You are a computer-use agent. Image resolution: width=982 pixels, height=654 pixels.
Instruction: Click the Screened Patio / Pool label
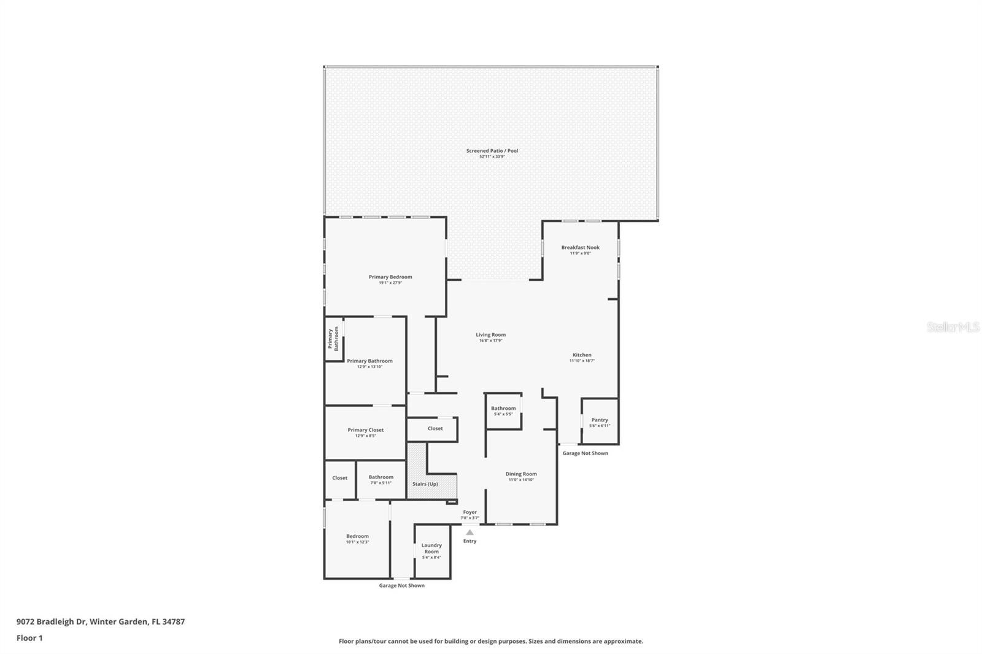click(492, 151)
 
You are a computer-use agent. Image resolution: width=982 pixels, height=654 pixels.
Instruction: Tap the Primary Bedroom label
click(390, 277)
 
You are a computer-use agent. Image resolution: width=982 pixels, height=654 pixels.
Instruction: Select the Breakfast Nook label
click(580, 248)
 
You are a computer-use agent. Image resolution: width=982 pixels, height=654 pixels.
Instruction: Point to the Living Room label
click(490, 335)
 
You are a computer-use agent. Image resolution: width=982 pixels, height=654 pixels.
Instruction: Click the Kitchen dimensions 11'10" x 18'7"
click(582, 361)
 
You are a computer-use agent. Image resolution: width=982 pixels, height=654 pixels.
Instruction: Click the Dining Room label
click(521, 474)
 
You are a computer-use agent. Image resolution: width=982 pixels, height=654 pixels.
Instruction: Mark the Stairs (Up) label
click(425, 484)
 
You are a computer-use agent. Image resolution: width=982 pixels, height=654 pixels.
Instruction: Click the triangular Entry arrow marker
click(470, 533)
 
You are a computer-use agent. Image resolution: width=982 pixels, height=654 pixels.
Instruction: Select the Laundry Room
click(431, 548)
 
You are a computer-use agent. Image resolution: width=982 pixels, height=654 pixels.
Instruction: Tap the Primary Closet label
click(365, 430)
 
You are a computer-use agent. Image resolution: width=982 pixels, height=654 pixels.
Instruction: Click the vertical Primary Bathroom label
click(333, 339)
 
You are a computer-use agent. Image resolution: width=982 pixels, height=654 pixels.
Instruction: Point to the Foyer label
click(470, 512)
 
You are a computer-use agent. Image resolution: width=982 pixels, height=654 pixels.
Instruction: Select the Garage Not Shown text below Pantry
click(585, 453)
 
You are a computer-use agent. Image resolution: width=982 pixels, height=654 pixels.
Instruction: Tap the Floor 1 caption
click(29, 638)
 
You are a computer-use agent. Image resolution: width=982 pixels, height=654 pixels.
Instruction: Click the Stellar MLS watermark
click(953, 327)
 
